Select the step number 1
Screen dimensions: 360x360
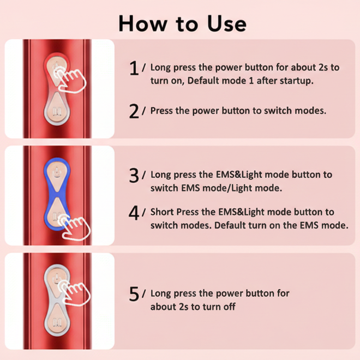pyautogui.click(x=134, y=68)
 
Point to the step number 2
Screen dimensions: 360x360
pyautogui.click(x=134, y=111)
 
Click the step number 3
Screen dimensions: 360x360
pyautogui.click(x=134, y=175)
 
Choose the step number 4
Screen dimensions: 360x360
pyautogui.click(x=134, y=212)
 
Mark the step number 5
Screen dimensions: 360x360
pyautogui.click(x=134, y=294)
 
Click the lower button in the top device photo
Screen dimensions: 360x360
pyautogui.click(x=56, y=111)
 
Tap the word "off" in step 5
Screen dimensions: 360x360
pyautogui.click(x=229, y=307)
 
